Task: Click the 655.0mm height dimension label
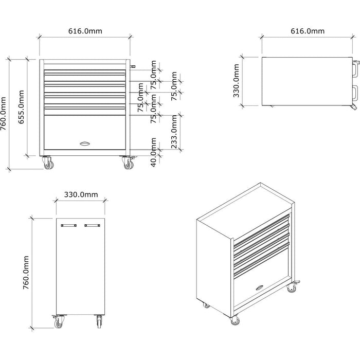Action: [21, 107]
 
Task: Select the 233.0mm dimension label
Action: [174, 132]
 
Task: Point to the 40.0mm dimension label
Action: [154, 151]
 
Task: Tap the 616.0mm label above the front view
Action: [85, 31]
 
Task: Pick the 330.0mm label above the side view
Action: [81, 194]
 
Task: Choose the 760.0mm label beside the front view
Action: [5, 114]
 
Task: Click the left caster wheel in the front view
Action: [47, 163]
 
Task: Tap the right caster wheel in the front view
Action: [127, 163]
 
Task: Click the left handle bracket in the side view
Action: [68, 225]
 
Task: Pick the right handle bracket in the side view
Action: [93, 225]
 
